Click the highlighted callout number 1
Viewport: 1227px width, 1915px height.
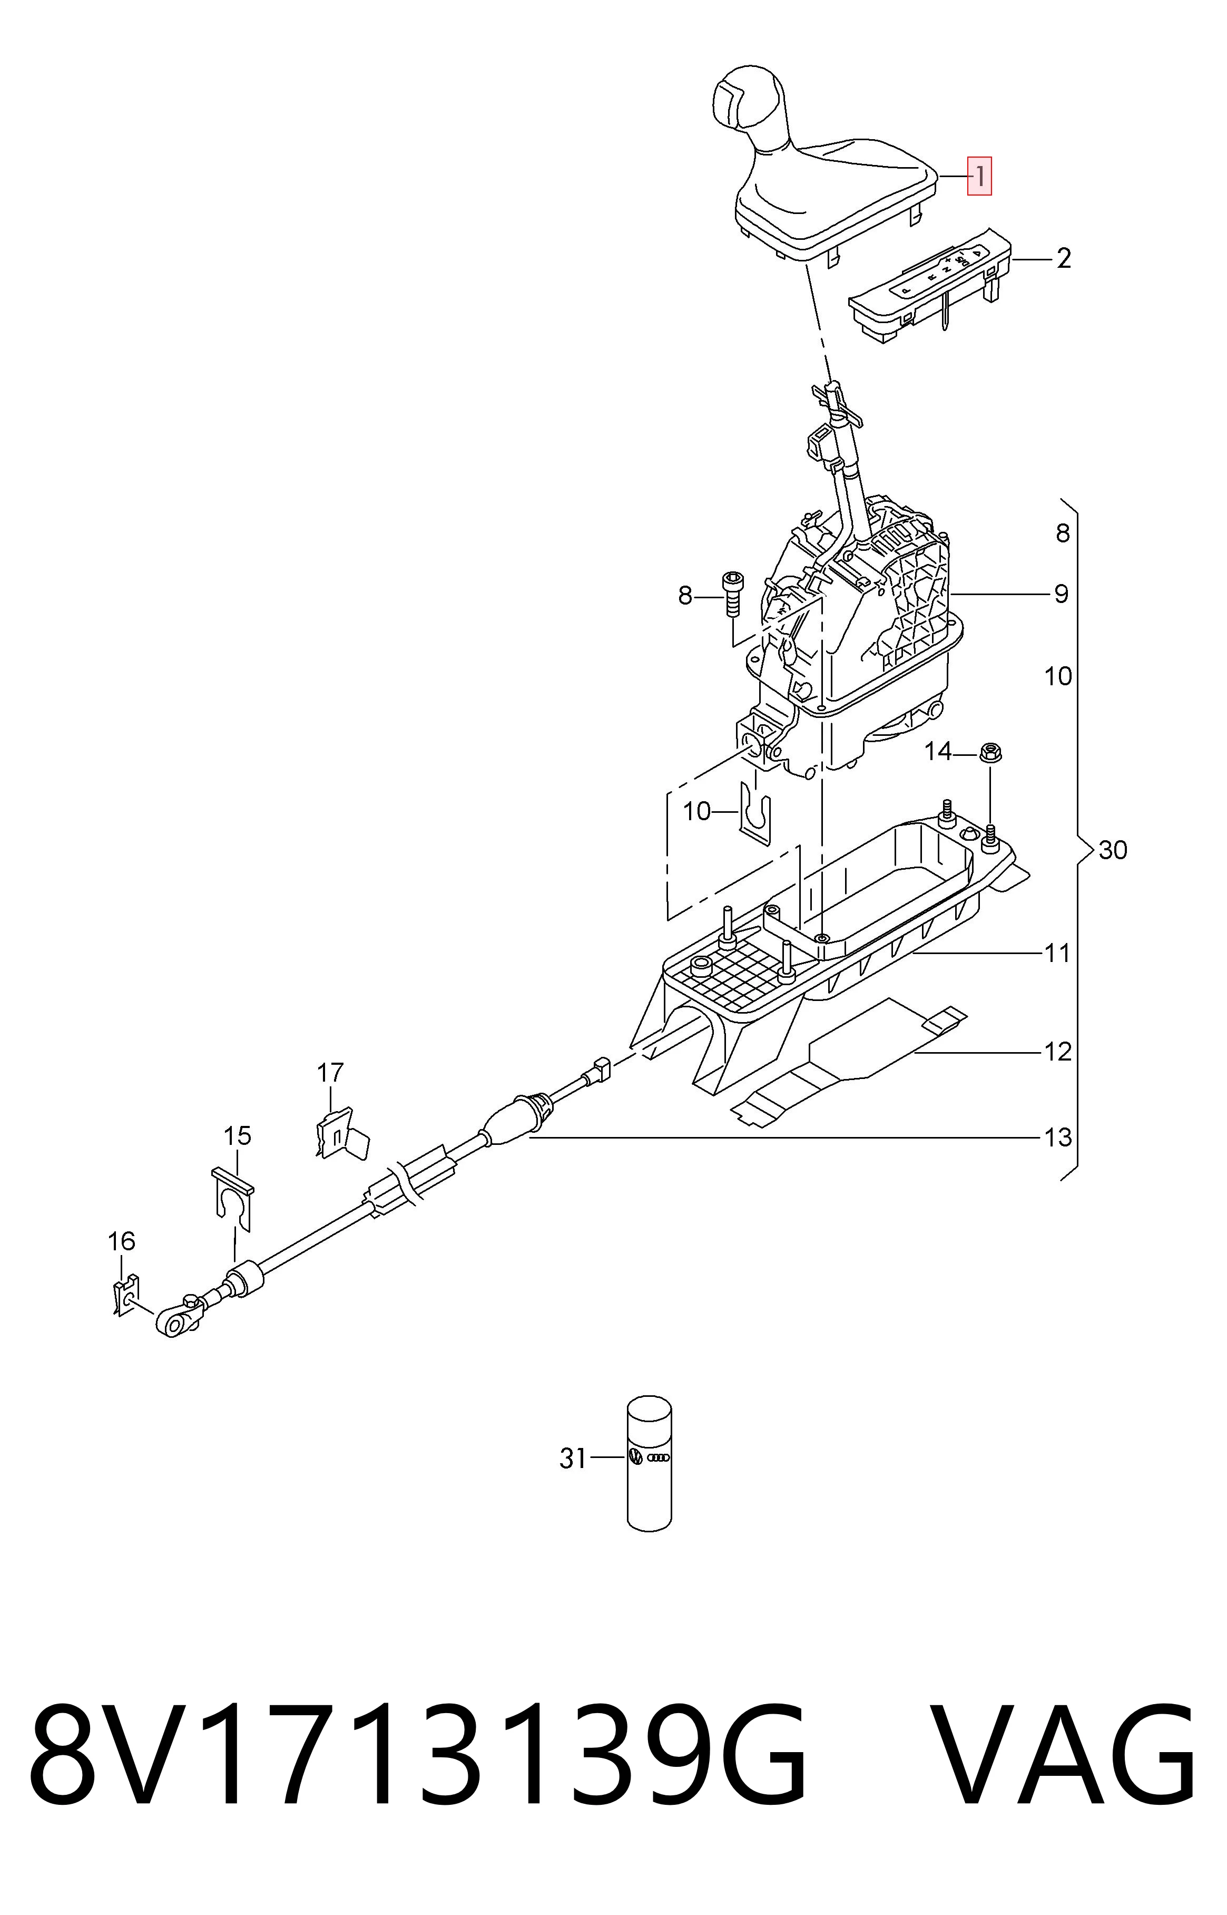pos(979,176)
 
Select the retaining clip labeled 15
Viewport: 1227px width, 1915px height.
pos(233,1198)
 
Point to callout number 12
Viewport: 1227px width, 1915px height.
pos(1058,1052)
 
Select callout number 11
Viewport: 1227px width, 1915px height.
pos(1057,952)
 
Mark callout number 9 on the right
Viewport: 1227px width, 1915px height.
pos(1061,594)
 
